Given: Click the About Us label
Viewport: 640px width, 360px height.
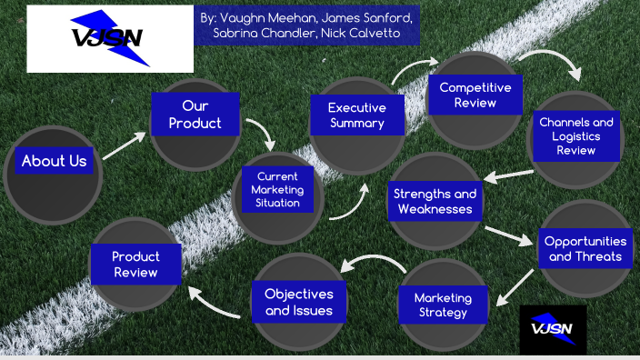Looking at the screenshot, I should (x=55, y=162).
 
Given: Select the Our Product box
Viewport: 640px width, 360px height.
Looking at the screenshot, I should (x=195, y=114).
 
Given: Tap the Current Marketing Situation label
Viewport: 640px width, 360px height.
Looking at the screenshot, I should (x=277, y=189).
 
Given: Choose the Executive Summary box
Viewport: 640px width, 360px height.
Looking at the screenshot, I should (x=356, y=115).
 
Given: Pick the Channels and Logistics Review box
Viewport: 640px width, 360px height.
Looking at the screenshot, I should (x=575, y=135).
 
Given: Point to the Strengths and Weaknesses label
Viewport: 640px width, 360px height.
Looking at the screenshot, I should (x=435, y=202).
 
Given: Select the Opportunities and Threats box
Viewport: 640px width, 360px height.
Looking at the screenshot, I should (x=585, y=248).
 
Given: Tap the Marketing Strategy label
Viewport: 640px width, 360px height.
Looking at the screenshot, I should (x=443, y=305).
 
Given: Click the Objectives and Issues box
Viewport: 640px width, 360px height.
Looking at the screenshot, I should (x=298, y=302).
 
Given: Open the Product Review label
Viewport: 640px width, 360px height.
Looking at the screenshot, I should (x=135, y=265).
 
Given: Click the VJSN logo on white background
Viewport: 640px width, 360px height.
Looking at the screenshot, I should (x=110, y=38).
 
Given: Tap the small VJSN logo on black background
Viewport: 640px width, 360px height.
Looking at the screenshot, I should (x=553, y=329).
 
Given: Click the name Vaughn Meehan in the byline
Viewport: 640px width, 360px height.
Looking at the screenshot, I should (x=259, y=18).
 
